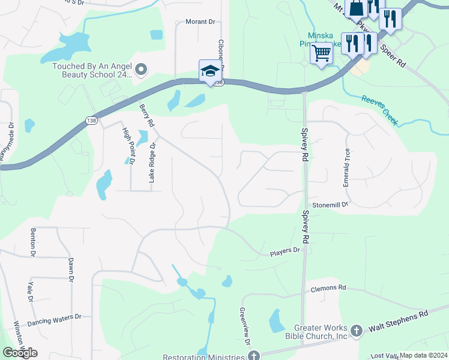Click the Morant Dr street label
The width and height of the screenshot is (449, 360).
tap(199, 22)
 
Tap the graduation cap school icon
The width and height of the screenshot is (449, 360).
tap(211, 71)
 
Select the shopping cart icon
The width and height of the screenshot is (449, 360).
tap(322, 53)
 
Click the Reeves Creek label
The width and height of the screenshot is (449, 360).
tap(379, 110)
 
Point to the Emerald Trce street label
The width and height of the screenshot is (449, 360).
tap(346, 168)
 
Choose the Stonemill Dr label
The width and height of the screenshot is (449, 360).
tap(330, 204)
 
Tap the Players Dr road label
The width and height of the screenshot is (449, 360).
tap(283, 250)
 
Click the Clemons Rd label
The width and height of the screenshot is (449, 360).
tap(328, 288)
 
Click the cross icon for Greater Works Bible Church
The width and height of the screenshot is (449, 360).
tap(356, 331)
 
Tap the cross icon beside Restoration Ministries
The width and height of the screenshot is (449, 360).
tap(254, 355)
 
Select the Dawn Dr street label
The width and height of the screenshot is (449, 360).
tap(71, 270)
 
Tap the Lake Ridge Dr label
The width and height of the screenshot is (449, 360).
tap(152, 163)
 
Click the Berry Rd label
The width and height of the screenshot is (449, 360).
tap(147, 115)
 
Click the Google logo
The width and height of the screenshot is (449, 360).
tap(20, 353)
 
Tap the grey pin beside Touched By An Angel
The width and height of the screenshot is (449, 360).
tap(141, 71)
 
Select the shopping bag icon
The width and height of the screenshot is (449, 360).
tap(356, 7)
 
